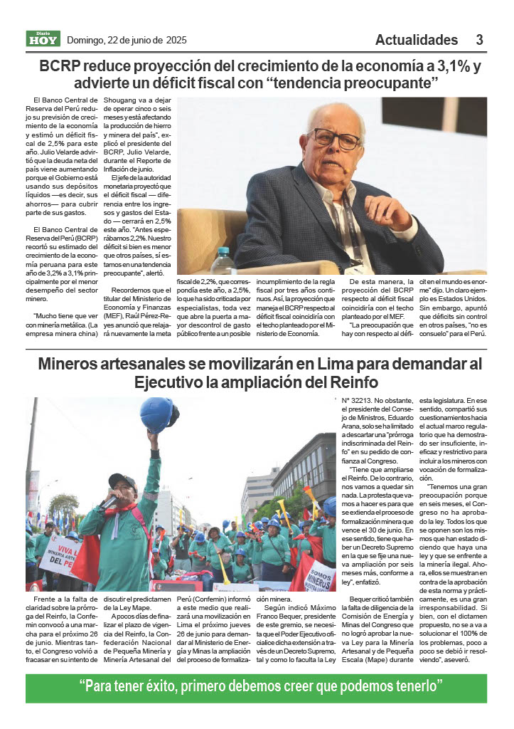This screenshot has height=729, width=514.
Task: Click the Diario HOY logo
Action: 43,39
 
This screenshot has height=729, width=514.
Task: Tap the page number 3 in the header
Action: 480,40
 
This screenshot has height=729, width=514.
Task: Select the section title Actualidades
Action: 417,40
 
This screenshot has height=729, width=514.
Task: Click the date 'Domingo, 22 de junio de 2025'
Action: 127,41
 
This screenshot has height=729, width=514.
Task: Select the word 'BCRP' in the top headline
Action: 60,67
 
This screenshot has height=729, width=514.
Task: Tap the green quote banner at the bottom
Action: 257,688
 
